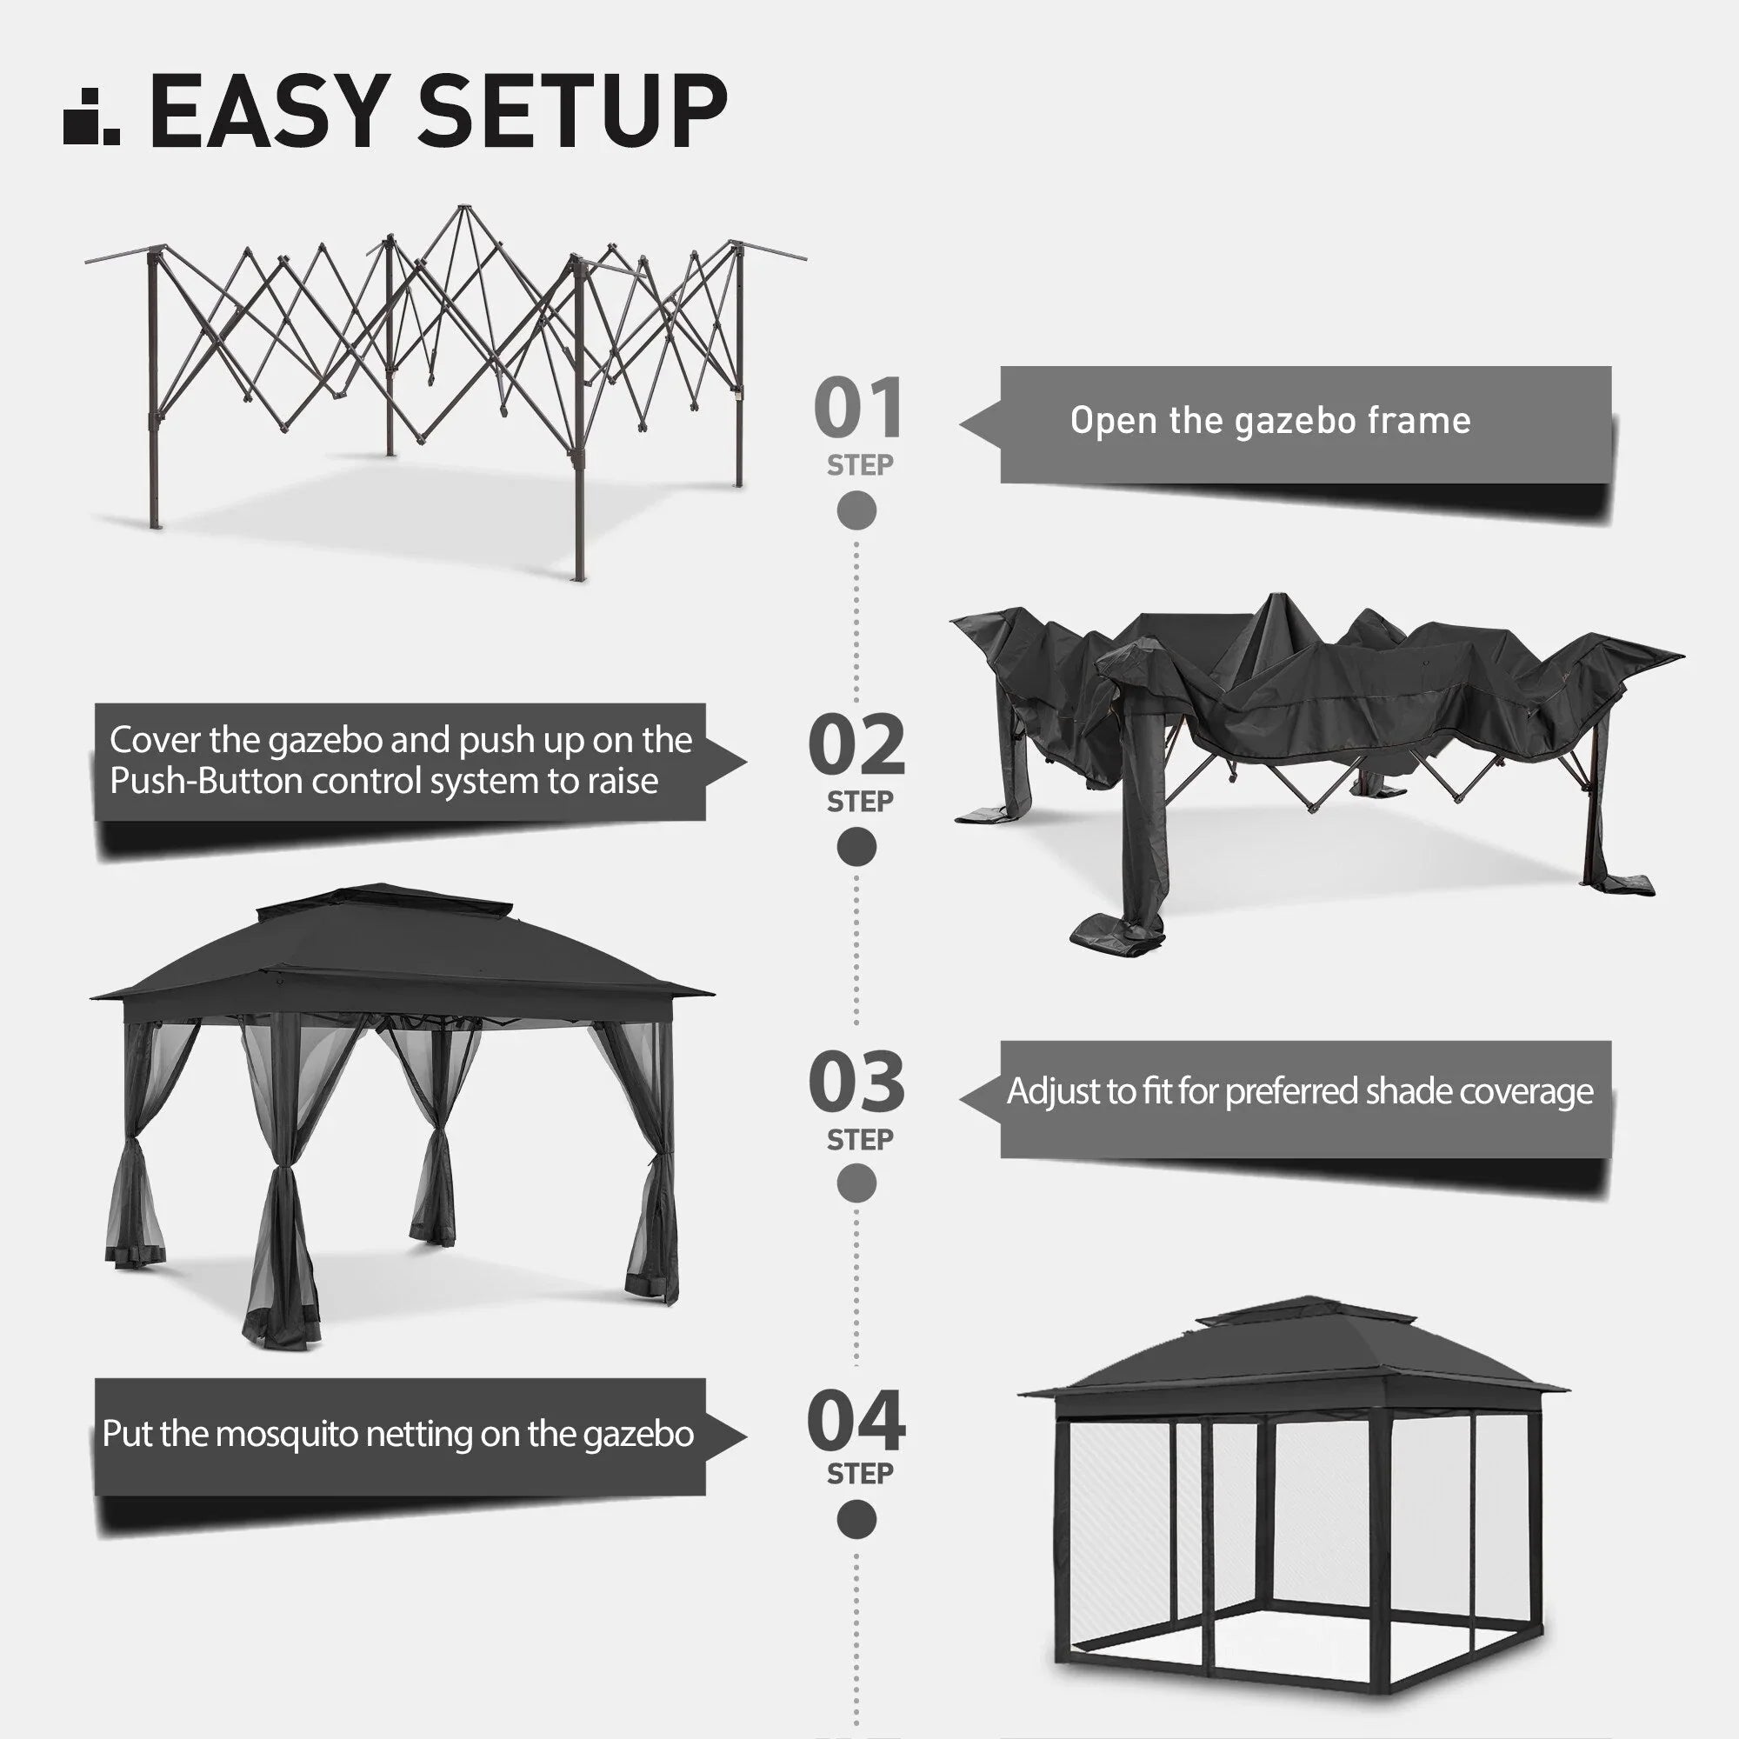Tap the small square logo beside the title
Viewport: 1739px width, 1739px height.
pyautogui.click(x=91, y=117)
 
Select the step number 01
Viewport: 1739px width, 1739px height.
pyautogui.click(x=858, y=408)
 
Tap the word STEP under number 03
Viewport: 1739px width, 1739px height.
pyautogui.click(x=861, y=1140)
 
